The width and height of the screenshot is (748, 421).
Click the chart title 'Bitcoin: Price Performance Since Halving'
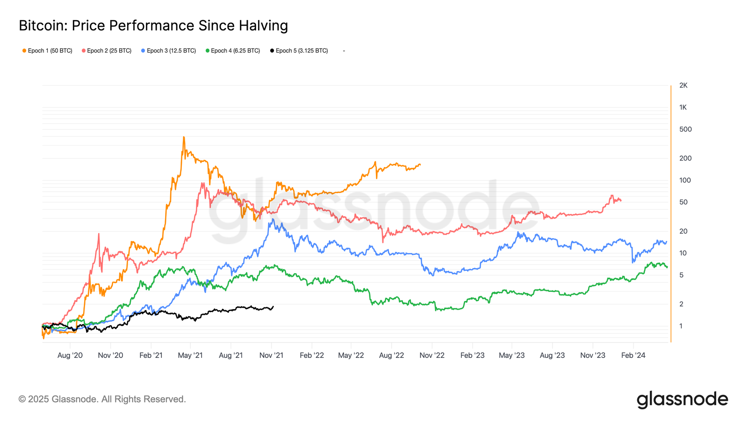coord(153,26)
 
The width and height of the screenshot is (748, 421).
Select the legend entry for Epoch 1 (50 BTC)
coord(47,51)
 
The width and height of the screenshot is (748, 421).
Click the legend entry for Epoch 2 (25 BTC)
coord(107,51)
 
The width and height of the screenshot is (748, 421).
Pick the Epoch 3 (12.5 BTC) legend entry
coord(168,51)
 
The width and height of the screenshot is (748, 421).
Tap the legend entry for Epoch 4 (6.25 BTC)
coord(233,51)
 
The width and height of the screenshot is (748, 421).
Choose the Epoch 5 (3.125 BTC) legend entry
coord(299,51)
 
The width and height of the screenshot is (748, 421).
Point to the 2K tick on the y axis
coord(683,86)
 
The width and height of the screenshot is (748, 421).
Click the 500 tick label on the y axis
coord(685,130)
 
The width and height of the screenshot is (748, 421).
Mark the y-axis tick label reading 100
coord(685,181)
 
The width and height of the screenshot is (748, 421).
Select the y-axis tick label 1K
coord(683,108)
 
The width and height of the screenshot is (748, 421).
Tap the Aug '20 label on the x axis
coord(70,356)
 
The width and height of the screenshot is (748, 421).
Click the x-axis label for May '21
coord(190,356)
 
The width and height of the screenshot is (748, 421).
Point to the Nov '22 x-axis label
coord(432,356)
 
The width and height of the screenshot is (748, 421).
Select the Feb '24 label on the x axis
coord(633,356)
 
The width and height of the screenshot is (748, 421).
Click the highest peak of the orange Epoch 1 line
coord(184,137)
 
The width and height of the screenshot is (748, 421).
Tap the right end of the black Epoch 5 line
coord(273,307)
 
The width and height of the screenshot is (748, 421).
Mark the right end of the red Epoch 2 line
coord(621,201)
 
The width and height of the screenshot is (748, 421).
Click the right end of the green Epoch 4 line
coord(667,267)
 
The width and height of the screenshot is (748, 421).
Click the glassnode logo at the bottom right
coord(682,399)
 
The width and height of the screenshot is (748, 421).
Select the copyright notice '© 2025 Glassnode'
coord(102,399)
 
